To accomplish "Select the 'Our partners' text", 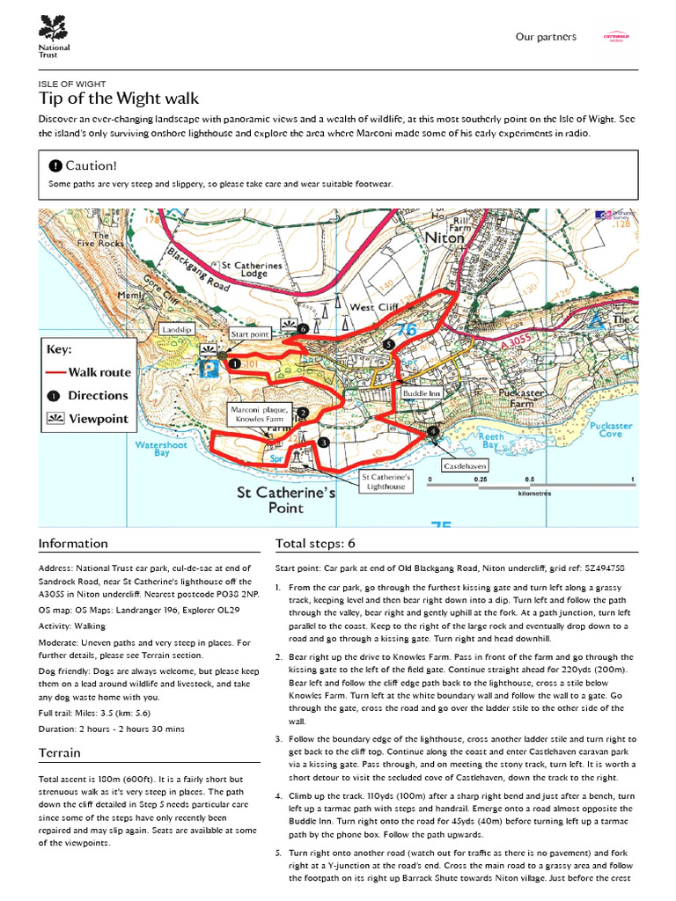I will point(546,37).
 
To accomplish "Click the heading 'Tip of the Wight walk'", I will point(119,98).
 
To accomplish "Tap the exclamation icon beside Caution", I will point(55,165).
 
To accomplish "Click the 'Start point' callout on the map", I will point(249,334).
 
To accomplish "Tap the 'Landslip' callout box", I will point(176,328).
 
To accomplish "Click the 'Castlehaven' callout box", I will point(465,465).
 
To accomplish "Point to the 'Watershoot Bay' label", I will point(161,449).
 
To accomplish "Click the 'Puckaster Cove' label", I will point(610,429).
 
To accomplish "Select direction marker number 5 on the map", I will point(388,344).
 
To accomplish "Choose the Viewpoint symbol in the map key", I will point(55,419).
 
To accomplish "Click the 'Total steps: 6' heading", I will point(315,543).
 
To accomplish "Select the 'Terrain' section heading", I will point(60,752).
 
